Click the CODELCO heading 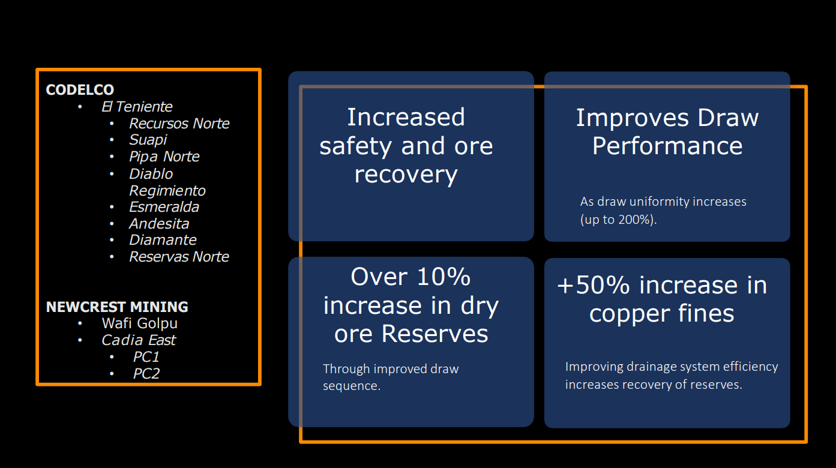[80, 90]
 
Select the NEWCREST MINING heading [117, 307]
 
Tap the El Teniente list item [137, 107]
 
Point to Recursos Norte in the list [179, 124]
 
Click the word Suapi [148, 140]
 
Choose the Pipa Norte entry [164, 157]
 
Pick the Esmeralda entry [164, 207]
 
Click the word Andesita [159, 224]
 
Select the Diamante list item [163, 240]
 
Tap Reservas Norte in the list [179, 257]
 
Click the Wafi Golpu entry [139, 323]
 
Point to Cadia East [139, 340]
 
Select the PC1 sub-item [146, 357]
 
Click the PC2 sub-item [146, 374]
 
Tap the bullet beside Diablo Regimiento [113, 174]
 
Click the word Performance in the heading [667, 146]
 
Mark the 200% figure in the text [636, 220]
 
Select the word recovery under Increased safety [406, 175]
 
